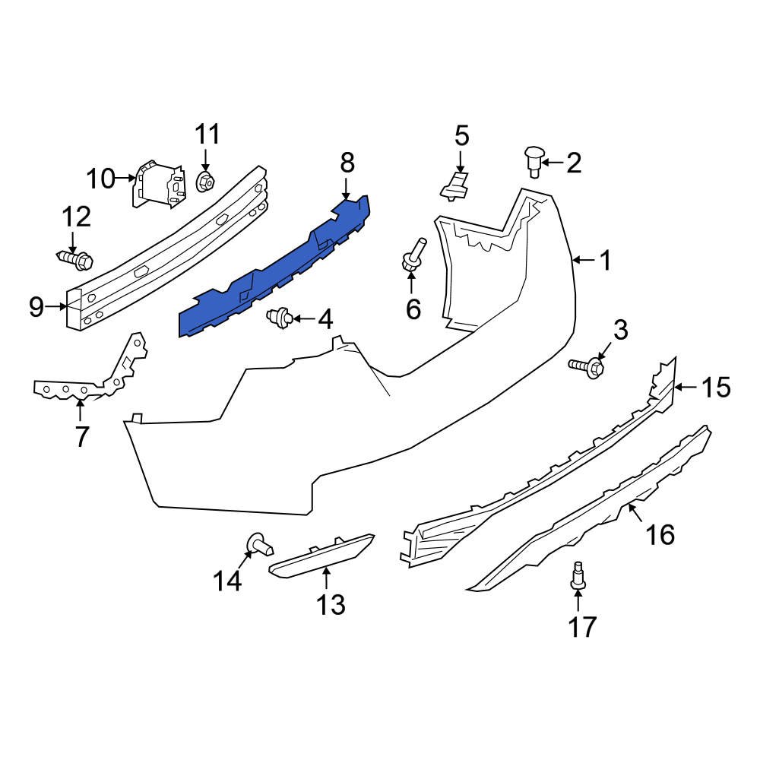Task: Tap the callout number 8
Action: point(347,162)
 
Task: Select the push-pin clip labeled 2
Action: point(533,161)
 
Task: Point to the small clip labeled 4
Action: point(280,317)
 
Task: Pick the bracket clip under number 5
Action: point(456,185)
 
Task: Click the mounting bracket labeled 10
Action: point(158,183)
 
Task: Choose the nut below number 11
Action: point(205,182)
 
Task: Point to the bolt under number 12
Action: point(76,261)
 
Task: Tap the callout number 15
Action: point(715,388)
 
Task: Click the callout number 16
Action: point(660,535)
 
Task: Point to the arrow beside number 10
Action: point(125,179)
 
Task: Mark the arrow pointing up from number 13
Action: point(326,578)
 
